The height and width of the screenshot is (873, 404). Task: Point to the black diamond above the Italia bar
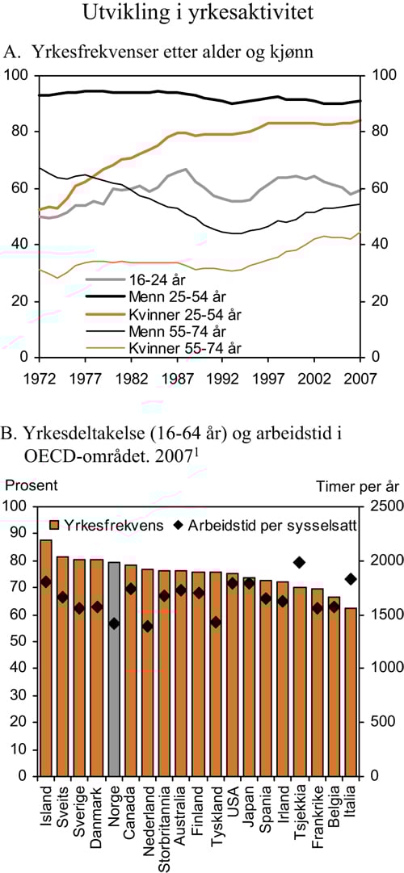351,579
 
